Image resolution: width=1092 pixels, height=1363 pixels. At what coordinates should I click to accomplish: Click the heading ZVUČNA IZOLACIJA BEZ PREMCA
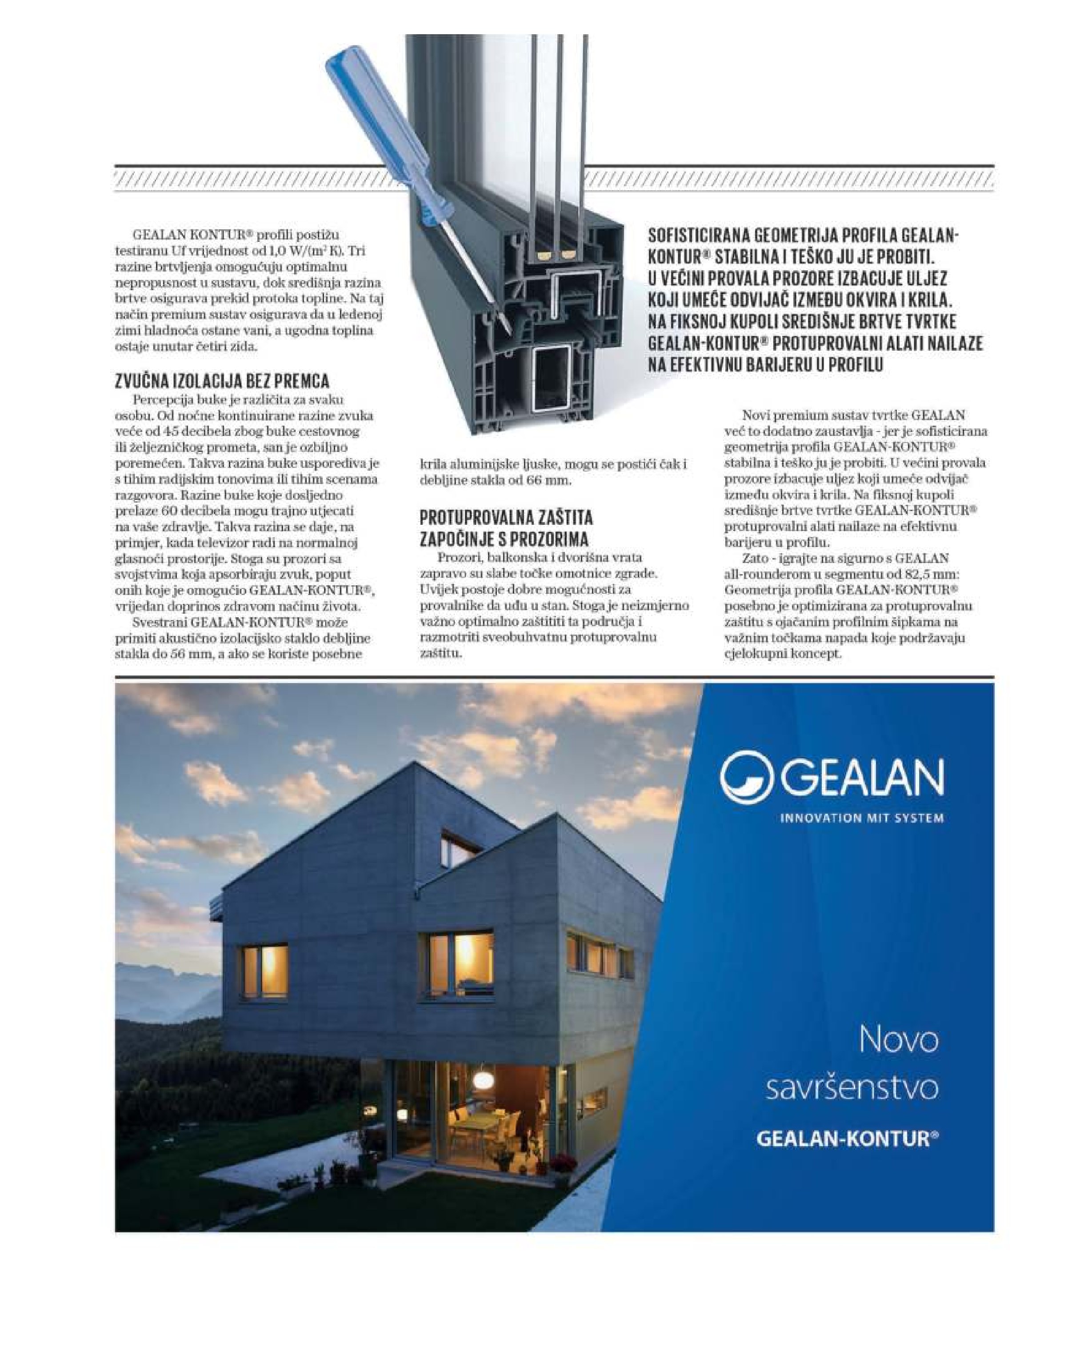pos(222,381)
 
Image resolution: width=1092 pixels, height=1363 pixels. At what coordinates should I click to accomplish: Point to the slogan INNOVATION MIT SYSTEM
pos(861,818)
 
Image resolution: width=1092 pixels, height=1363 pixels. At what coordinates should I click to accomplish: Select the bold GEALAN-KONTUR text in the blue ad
pos(847,1139)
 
